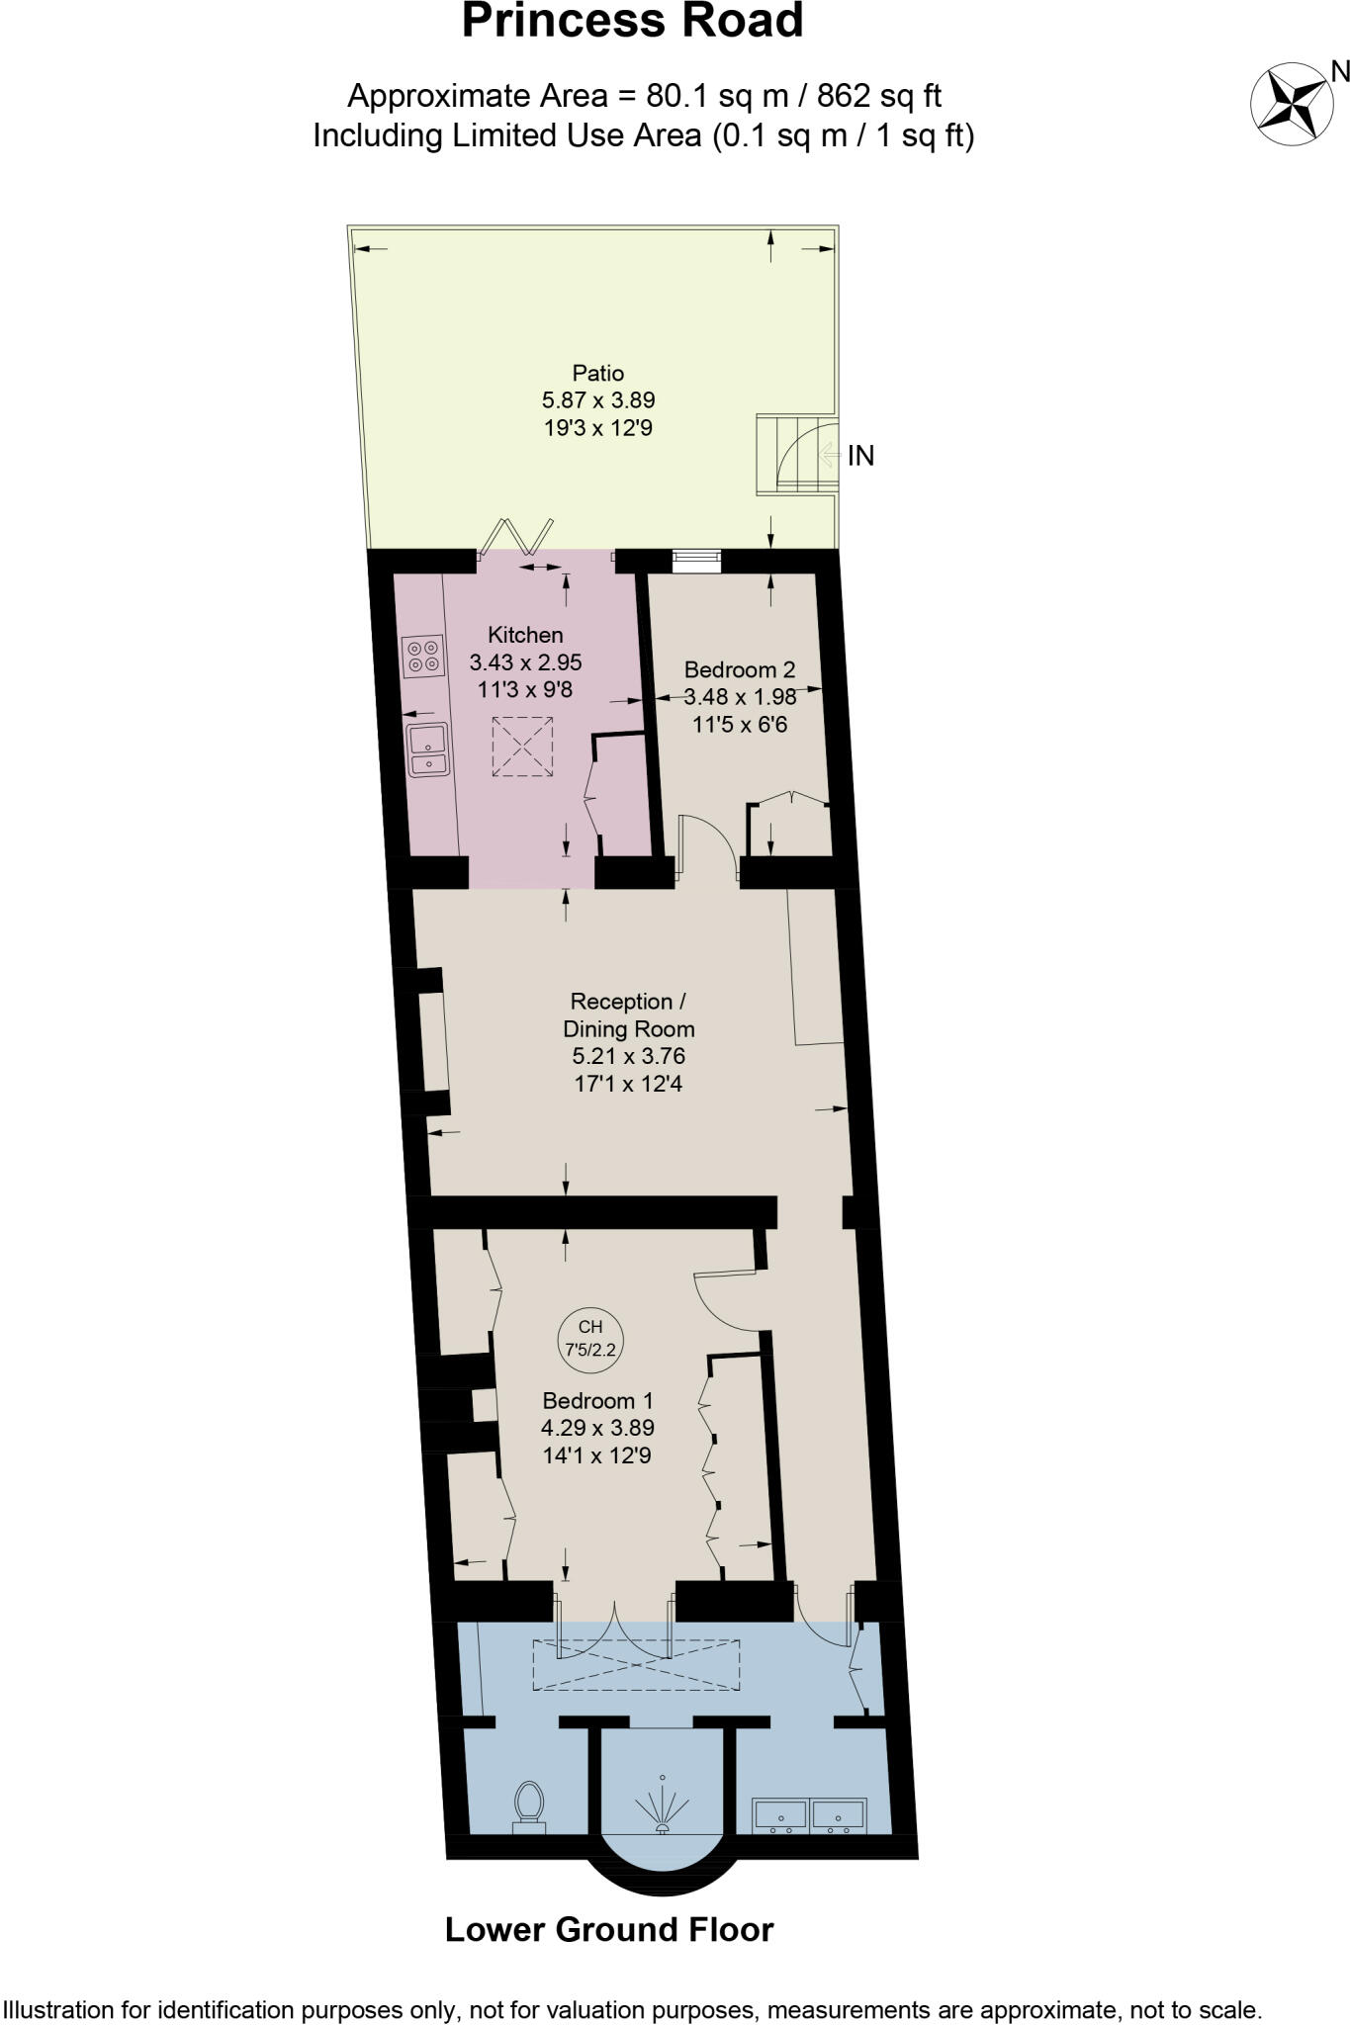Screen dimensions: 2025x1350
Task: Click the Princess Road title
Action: [632, 22]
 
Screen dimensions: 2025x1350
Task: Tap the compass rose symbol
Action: [1288, 103]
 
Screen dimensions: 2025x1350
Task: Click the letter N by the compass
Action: [1339, 70]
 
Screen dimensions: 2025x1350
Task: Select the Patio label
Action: [598, 373]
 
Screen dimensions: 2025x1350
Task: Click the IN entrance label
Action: [860, 456]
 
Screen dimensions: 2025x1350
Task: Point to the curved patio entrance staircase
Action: [796, 455]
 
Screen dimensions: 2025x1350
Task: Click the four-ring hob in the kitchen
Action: [423, 657]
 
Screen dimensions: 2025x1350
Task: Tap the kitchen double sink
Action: [427, 748]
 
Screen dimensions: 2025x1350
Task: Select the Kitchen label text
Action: [525, 635]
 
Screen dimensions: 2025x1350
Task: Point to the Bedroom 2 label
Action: [739, 669]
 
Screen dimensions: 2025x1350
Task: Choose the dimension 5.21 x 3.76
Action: [629, 1056]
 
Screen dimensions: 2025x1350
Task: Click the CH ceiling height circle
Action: [590, 1338]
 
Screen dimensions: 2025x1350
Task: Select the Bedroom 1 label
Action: [597, 1400]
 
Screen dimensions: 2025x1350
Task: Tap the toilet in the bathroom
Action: [530, 1806]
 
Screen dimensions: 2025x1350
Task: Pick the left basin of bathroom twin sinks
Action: [780, 1814]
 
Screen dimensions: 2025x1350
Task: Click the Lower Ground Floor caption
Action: [609, 1929]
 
